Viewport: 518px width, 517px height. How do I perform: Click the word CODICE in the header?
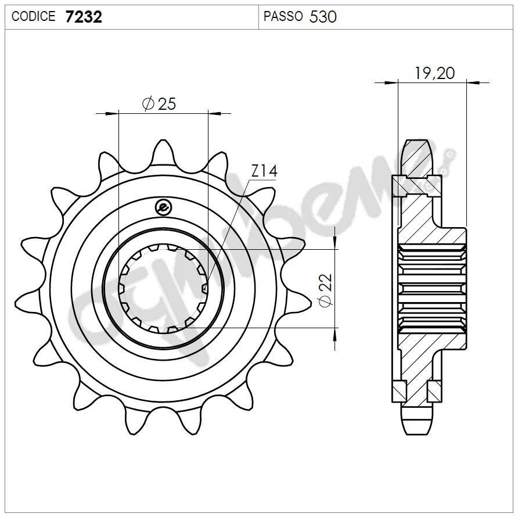(33, 17)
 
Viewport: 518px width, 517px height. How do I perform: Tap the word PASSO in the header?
(283, 16)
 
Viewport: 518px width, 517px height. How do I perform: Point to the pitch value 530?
(323, 17)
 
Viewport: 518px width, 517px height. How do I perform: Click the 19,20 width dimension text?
(434, 73)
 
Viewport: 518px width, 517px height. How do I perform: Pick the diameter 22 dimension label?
(325, 290)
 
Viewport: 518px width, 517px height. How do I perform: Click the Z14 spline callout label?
(264, 171)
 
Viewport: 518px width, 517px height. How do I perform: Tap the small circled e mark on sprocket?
(163, 206)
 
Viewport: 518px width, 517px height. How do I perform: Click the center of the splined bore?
(163, 289)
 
